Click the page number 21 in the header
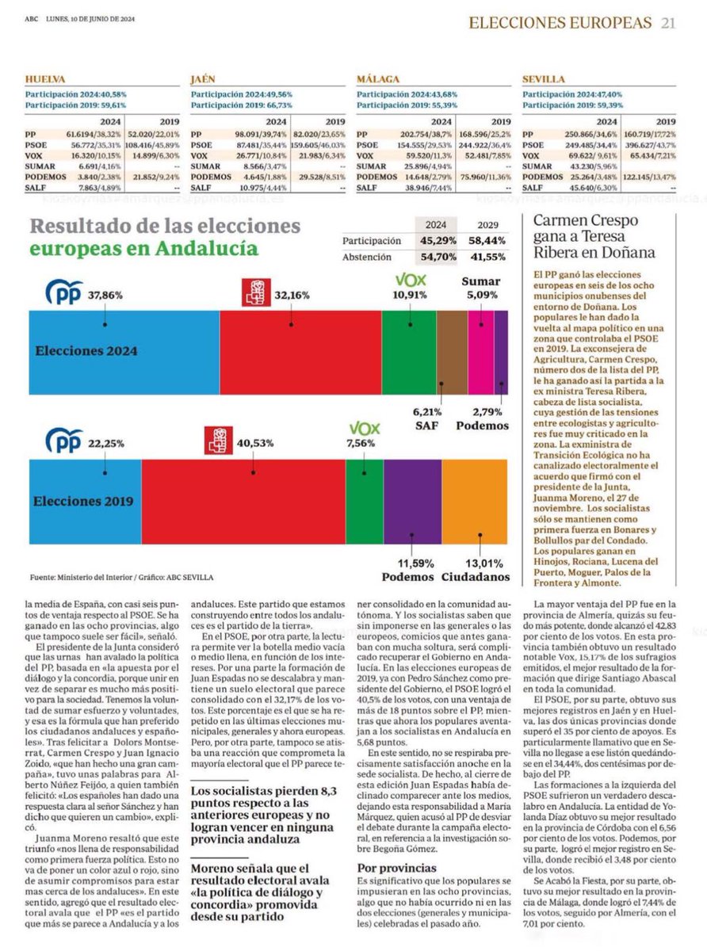[x=668, y=23]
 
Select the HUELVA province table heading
[x=45, y=80]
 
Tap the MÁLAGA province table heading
[x=377, y=80]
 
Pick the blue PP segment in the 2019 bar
[x=79, y=502]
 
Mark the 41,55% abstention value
[x=489, y=258]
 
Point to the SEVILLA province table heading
[x=544, y=80]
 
